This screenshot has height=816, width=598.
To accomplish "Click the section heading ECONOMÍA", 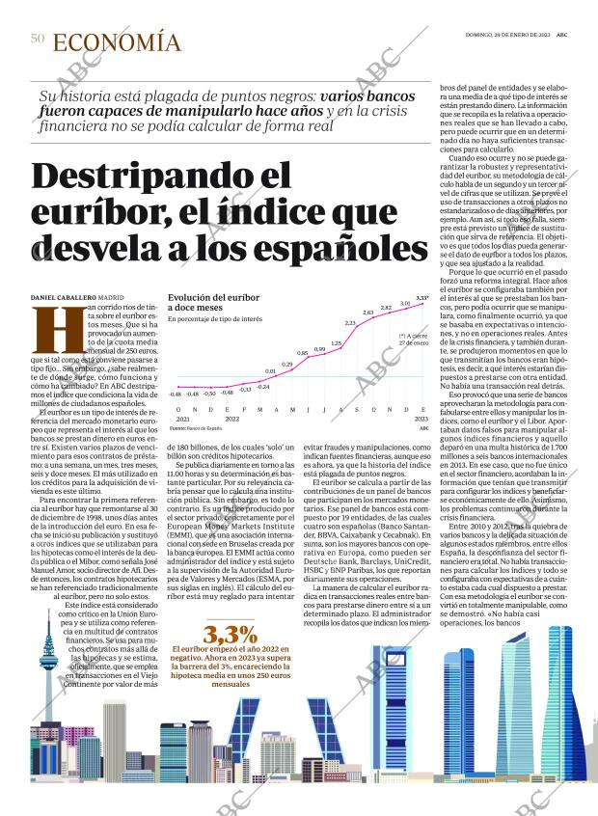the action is [x=117, y=41].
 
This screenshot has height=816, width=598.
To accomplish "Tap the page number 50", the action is [x=38, y=38].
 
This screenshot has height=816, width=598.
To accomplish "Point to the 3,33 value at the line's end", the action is [x=421, y=298].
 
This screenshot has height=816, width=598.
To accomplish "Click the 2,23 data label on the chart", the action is [x=350, y=323].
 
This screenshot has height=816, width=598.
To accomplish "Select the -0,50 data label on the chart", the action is [x=209, y=394].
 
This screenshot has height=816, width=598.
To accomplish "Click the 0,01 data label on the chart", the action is [x=271, y=371].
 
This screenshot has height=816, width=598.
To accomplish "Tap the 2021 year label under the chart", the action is [x=182, y=419].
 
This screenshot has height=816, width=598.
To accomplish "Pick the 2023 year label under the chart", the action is [x=421, y=419].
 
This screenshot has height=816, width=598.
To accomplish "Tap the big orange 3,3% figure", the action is [x=229, y=634].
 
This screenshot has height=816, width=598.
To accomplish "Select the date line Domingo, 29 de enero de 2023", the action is [x=507, y=35].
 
